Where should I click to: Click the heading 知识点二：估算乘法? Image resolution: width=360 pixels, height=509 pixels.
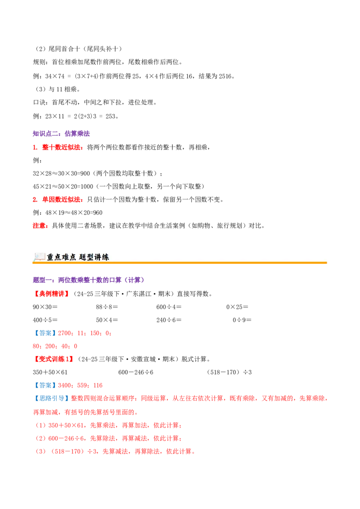[x=61, y=134]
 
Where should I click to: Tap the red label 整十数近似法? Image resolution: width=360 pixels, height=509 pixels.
[x=61, y=147]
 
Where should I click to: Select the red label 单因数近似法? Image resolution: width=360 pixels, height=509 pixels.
[x=61, y=200]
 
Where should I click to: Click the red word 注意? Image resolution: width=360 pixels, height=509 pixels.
[x=39, y=226]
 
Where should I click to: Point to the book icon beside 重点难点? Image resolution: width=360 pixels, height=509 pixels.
[x=39, y=257]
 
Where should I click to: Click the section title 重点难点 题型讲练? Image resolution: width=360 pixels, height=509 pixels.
[x=78, y=257]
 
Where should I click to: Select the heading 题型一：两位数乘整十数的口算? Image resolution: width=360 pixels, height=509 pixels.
[x=88, y=280]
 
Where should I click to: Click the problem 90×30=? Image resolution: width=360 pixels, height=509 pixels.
[x=45, y=307]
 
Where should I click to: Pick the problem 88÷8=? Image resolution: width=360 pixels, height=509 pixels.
[x=107, y=307]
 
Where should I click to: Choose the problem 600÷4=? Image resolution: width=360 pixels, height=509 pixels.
[x=169, y=307]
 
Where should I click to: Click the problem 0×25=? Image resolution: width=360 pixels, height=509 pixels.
[x=237, y=307]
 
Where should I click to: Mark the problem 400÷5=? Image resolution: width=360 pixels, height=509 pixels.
[x=45, y=320]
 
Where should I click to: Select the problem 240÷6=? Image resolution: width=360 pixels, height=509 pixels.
[x=169, y=320]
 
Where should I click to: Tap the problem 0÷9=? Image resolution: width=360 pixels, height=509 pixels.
[x=242, y=320]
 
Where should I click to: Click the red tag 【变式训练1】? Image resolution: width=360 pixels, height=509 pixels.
[x=54, y=359]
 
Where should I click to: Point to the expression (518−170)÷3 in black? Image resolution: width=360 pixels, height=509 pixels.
[x=229, y=372]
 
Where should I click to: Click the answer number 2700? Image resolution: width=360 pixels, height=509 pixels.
[x=64, y=333]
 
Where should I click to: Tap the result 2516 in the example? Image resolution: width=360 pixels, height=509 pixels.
[x=225, y=76]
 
